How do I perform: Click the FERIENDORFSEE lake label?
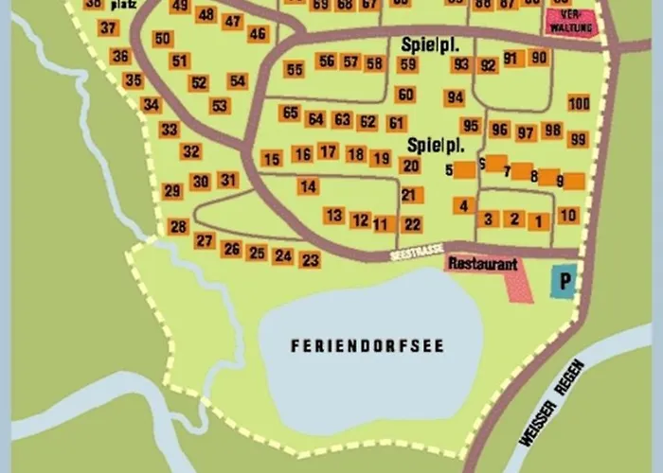(x=367, y=345)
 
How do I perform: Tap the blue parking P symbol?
(x=564, y=280)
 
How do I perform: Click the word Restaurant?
(x=482, y=264)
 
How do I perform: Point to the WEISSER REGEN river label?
(x=550, y=412)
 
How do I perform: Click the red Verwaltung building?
(x=572, y=23)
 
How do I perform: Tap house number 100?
(x=579, y=103)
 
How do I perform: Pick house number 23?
(x=310, y=259)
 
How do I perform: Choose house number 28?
(x=178, y=226)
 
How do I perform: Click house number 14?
(x=308, y=186)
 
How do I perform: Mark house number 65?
(x=290, y=113)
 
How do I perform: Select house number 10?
(x=567, y=216)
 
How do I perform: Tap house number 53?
(x=219, y=106)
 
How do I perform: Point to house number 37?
(x=107, y=28)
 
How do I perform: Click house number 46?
(x=257, y=34)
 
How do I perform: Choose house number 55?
(x=295, y=69)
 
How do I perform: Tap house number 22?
(x=412, y=224)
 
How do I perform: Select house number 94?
(x=456, y=97)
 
